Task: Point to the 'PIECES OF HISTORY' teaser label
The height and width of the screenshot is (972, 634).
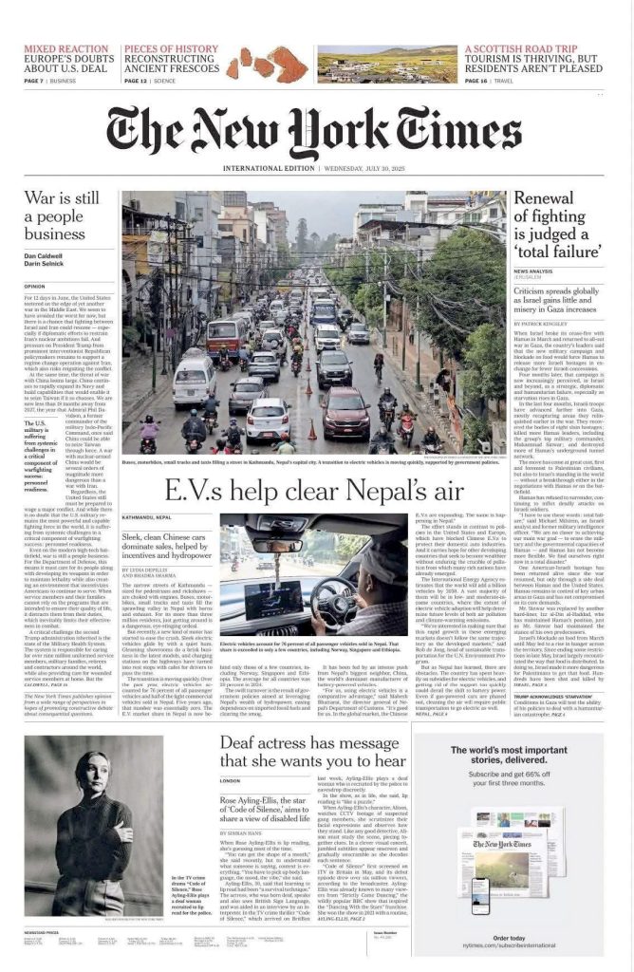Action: [171, 48]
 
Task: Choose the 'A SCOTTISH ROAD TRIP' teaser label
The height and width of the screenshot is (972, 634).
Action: [521, 48]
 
